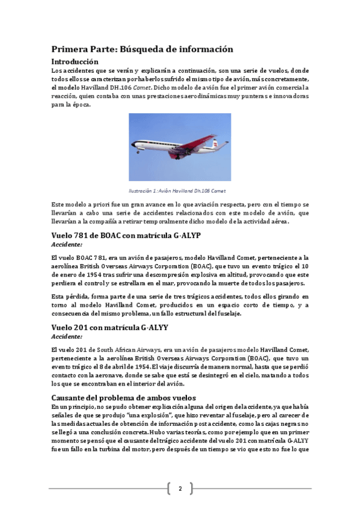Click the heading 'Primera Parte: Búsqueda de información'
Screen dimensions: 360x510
click(142, 49)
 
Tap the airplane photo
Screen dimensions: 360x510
click(180, 147)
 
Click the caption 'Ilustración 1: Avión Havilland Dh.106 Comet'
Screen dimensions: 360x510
click(180, 191)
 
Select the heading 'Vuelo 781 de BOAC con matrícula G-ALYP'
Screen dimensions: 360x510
click(135, 235)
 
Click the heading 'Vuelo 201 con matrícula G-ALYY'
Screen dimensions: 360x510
click(110, 327)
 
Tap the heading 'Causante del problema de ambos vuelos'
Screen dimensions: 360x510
click(123, 398)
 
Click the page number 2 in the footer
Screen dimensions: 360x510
click(180, 488)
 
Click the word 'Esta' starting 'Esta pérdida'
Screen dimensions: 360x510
click(58, 296)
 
